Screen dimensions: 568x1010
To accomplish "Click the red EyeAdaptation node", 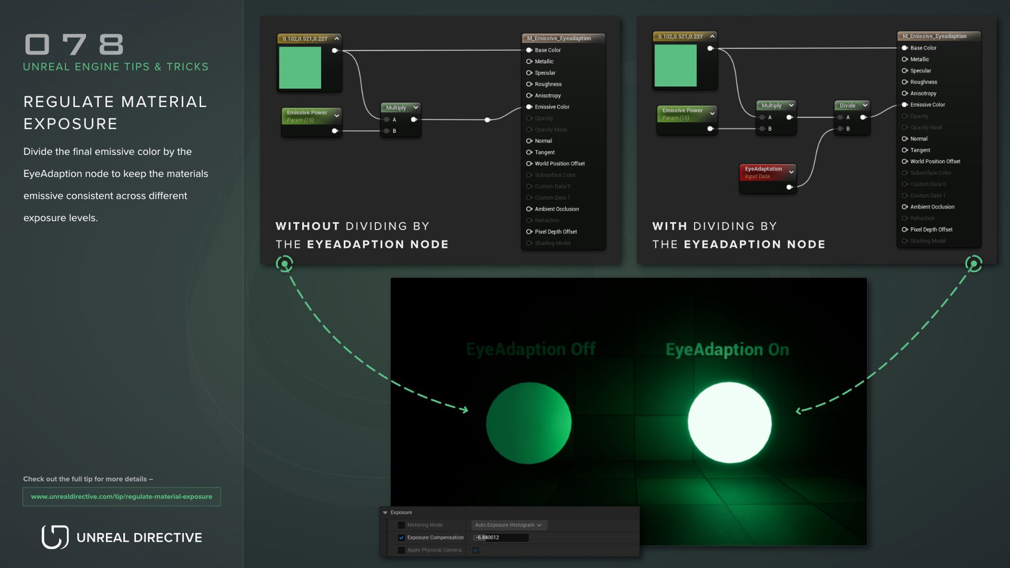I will (x=767, y=172).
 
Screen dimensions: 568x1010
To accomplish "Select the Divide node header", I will (x=851, y=106).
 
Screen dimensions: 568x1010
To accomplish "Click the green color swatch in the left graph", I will (x=300, y=68).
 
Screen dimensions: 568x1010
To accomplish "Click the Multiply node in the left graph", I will (x=400, y=108).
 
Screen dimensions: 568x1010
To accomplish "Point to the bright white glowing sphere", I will (x=729, y=423).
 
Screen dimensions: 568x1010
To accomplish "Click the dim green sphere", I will (x=529, y=423).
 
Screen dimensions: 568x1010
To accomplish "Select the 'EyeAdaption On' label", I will (x=727, y=350).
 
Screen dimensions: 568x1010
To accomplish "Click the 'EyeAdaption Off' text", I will (x=531, y=349).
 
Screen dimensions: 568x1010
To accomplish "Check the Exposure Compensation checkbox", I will (x=401, y=537).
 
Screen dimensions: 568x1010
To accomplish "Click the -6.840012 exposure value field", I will (x=500, y=537).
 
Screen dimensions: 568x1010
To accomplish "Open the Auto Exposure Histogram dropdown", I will (x=508, y=525).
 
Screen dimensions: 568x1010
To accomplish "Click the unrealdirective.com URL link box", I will (x=121, y=497).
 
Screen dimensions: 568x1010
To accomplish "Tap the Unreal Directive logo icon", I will (x=55, y=537).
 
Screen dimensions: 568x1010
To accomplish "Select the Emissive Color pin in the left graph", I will (x=529, y=107).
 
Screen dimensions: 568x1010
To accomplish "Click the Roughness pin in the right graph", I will (x=905, y=82).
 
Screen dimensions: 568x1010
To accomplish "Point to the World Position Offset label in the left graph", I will (x=560, y=164).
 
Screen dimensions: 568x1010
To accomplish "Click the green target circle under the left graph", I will (x=285, y=264).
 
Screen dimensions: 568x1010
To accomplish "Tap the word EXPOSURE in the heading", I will (x=71, y=124).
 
